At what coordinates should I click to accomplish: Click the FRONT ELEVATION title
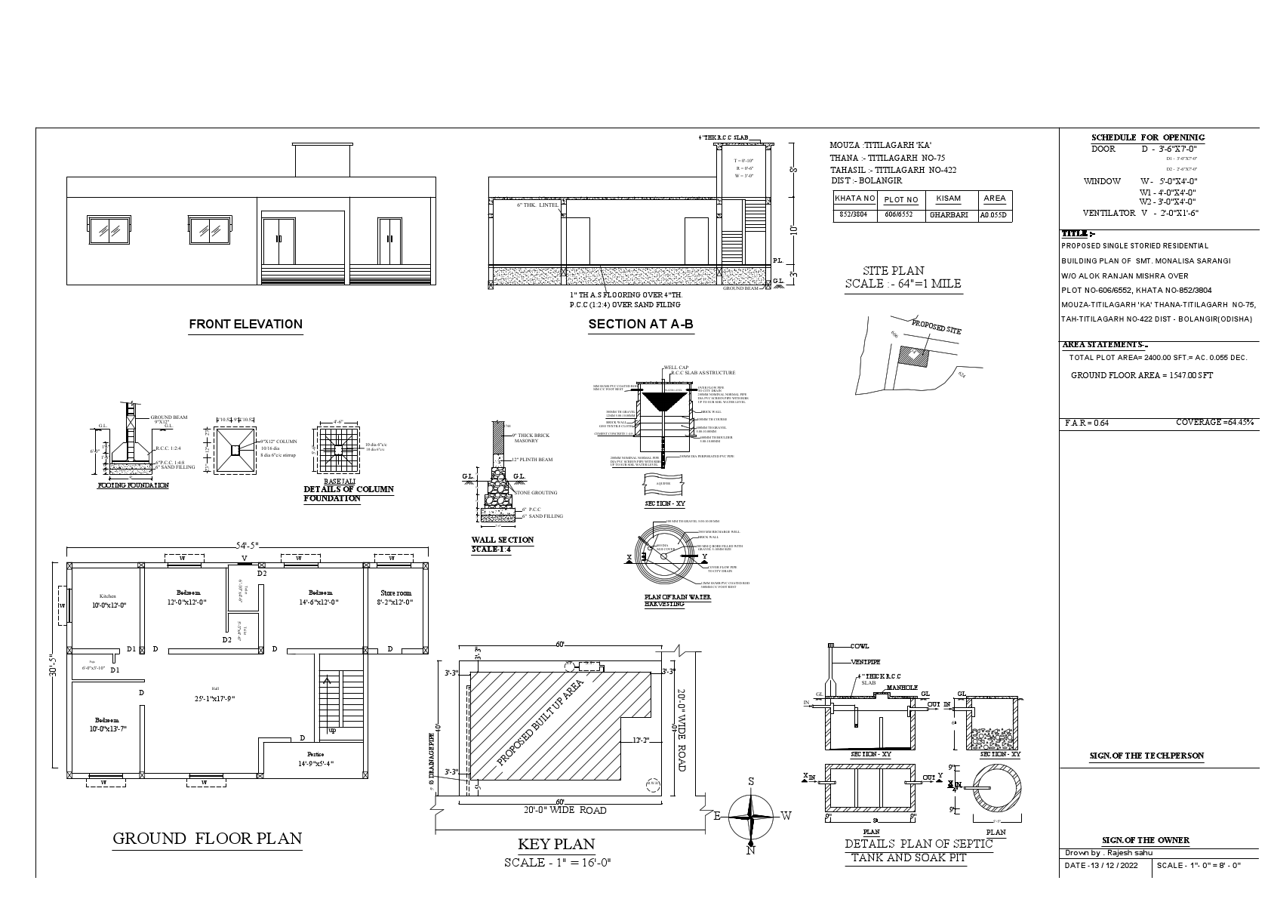click(x=245, y=325)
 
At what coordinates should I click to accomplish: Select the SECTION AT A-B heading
click(x=640, y=325)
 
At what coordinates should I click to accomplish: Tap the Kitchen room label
click(x=108, y=596)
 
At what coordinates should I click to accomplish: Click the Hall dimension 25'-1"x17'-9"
click(x=215, y=699)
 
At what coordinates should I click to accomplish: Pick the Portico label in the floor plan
click(x=315, y=754)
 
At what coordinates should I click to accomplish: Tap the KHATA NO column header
click(x=855, y=199)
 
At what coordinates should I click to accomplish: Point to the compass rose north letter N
click(x=751, y=851)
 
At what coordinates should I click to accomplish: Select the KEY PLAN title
click(x=556, y=844)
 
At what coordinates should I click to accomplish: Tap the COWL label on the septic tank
click(x=860, y=646)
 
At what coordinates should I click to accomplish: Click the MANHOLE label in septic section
click(x=901, y=688)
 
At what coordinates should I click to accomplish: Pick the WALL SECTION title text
click(x=502, y=540)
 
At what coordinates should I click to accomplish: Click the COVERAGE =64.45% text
click(x=1214, y=423)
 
